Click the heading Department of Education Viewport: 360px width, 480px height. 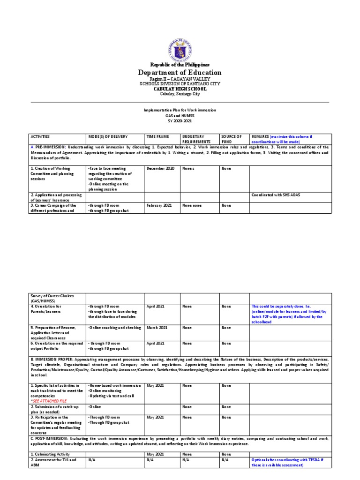[x=180, y=73]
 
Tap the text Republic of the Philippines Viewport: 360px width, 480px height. [x=180, y=64]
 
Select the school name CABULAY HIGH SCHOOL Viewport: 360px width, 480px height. [x=180, y=89]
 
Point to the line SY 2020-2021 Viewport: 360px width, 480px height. [x=180, y=121]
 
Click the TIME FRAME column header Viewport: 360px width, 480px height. [x=157, y=136]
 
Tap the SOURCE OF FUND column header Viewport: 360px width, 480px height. [x=232, y=139]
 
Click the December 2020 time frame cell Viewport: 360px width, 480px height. [x=161, y=168]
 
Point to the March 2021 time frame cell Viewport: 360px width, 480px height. [x=157, y=328]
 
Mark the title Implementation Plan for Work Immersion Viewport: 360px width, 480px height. [x=180, y=110]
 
